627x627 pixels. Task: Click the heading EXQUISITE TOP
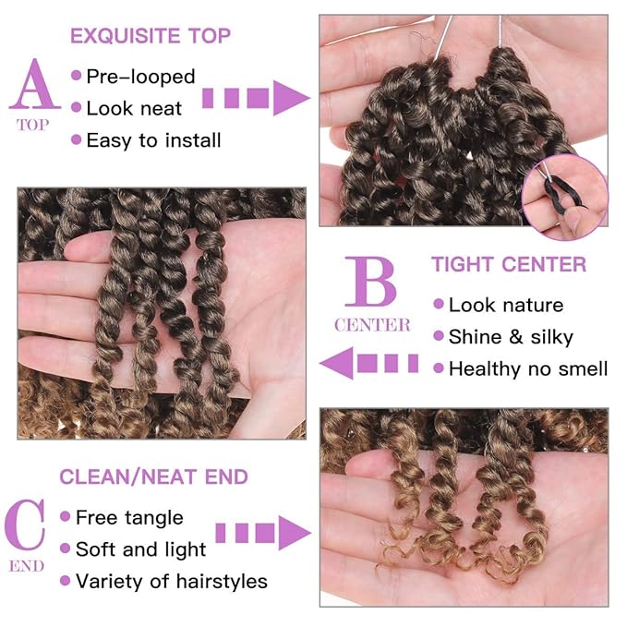tap(151, 37)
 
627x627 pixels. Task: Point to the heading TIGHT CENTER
tap(509, 265)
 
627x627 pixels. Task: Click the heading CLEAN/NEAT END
tap(153, 476)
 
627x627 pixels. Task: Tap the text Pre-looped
tap(140, 76)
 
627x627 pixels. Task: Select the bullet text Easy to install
tap(153, 140)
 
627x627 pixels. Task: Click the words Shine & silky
tap(511, 337)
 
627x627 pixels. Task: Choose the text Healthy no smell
tap(527, 368)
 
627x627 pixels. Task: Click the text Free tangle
tap(129, 517)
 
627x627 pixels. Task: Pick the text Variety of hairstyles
tap(171, 581)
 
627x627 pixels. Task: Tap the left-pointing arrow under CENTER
tap(366, 362)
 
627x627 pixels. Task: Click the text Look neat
tap(134, 108)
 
